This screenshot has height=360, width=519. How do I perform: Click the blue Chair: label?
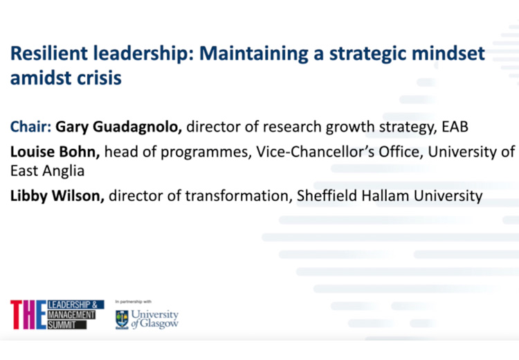pos(30,127)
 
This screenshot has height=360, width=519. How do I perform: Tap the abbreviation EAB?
pos(455,127)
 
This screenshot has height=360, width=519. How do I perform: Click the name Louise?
pos(33,152)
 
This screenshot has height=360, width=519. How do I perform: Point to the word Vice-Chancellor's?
pos(316,152)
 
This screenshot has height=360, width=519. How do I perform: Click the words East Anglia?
pos(47,172)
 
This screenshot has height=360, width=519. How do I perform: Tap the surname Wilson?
pos(78,196)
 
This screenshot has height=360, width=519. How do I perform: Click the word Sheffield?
pos(327,195)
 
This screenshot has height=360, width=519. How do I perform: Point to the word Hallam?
pos(385,195)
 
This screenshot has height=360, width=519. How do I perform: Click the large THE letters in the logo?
pos(28,314)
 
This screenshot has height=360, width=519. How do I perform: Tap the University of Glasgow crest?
pos(122,320)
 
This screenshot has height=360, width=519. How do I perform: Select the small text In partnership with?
pos(134,302)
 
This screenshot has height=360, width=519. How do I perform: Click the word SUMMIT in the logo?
pos(62,325)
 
